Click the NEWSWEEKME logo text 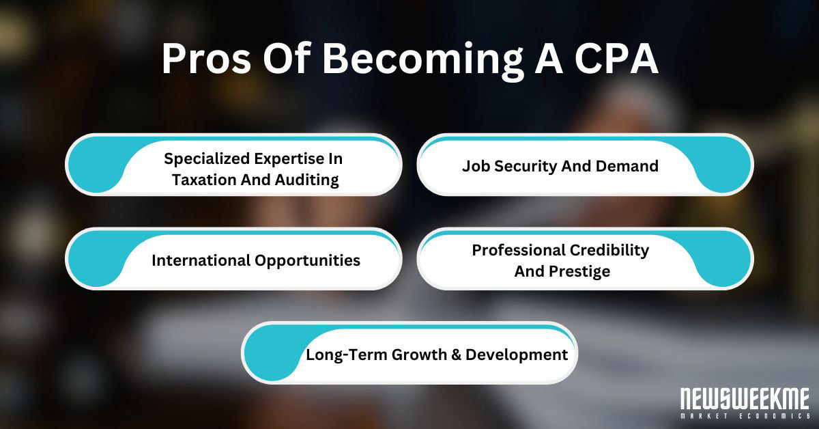743,398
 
